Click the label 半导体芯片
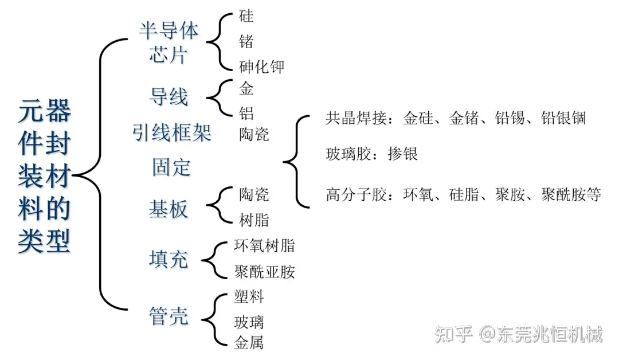(x=169, y=43)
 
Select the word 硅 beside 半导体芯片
(x=246, y=15)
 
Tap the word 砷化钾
(x=261, y=66)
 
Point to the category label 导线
(x=169, y=96)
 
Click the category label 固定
(x=171, y=167)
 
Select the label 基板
(x=169, y=209)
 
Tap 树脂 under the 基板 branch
(x=254, y=220)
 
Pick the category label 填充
(x=169, y=259)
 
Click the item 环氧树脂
(x=265, y=246)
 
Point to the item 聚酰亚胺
(x=265, y=271)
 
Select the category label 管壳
(x=169, y=316)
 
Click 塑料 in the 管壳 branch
(x=249, y=296)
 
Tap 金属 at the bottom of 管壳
(x=249, y=343)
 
